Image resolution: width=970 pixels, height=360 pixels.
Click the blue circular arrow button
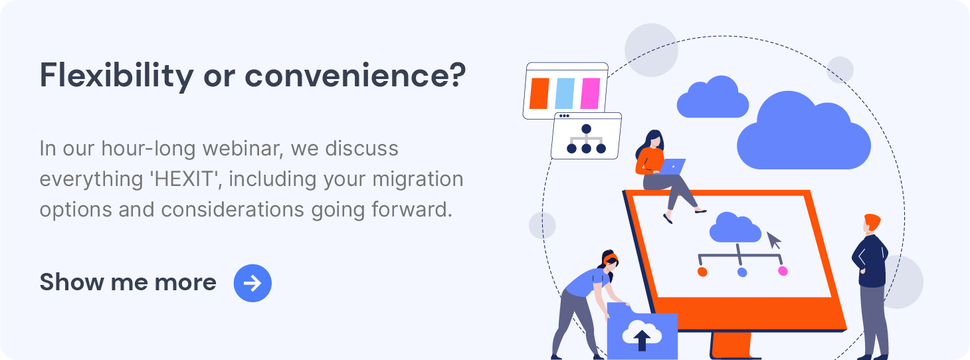(252, 283)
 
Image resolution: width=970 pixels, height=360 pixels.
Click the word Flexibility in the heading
(116, 76)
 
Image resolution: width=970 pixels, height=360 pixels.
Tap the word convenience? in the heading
(355, 76)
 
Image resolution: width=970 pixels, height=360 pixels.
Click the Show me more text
(128, 282)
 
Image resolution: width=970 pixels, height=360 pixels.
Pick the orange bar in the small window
(539, 94)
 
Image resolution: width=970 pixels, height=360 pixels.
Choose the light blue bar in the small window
(565, 94)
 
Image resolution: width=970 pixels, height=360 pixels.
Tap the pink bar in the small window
(590, 94)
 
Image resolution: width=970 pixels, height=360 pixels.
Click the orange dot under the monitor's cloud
(702, 272)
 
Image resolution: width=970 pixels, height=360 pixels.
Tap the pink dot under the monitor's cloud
(783, 271)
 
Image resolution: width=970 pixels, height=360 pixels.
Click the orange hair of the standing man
(872, 222)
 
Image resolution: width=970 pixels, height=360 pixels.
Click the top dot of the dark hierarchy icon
(587, 129)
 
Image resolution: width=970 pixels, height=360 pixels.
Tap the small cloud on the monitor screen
(735, 228)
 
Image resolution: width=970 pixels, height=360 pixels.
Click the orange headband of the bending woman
(610, 258)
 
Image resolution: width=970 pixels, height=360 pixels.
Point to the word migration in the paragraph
(418, 179)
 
